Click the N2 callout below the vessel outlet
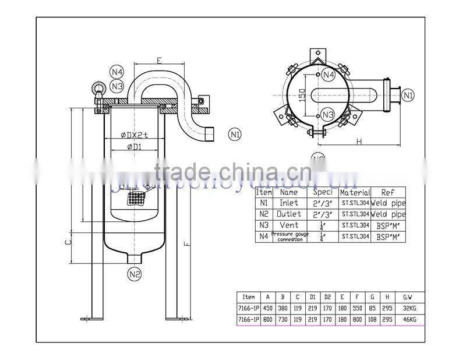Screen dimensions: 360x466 [x=135, y=273]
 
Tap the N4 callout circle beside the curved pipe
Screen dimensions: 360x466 [x=117, y=72]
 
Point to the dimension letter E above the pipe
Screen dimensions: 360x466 [x=158, y=59]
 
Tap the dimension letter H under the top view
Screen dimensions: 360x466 [x=359, y=142]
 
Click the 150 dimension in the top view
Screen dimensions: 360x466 [x=302, y=94]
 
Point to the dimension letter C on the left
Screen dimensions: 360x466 [x=68, y=239]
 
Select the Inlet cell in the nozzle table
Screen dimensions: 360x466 [x=289, y=203]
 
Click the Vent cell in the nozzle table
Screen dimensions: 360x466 [x=289, y=225]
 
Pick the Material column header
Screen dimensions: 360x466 [x=355, y=192]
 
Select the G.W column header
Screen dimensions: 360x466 [x=407, y=297]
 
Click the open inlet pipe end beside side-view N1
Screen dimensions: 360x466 [x=209, y=135]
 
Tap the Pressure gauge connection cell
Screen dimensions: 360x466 [x=289, y=237]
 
